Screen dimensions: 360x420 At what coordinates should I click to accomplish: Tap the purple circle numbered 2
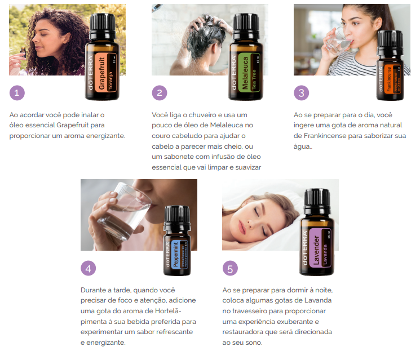pyautogui.click(x=160, y=93)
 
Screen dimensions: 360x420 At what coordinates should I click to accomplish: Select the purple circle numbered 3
pyautogui.click(x=301, y=93)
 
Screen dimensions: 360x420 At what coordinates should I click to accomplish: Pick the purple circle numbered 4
pyautogui.click(x=88, y=268)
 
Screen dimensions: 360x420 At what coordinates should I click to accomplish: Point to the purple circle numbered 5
pyautogui.click(x=229, y=268)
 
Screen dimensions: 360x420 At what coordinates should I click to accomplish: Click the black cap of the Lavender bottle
pyautogui.click(x=317, y=201)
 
